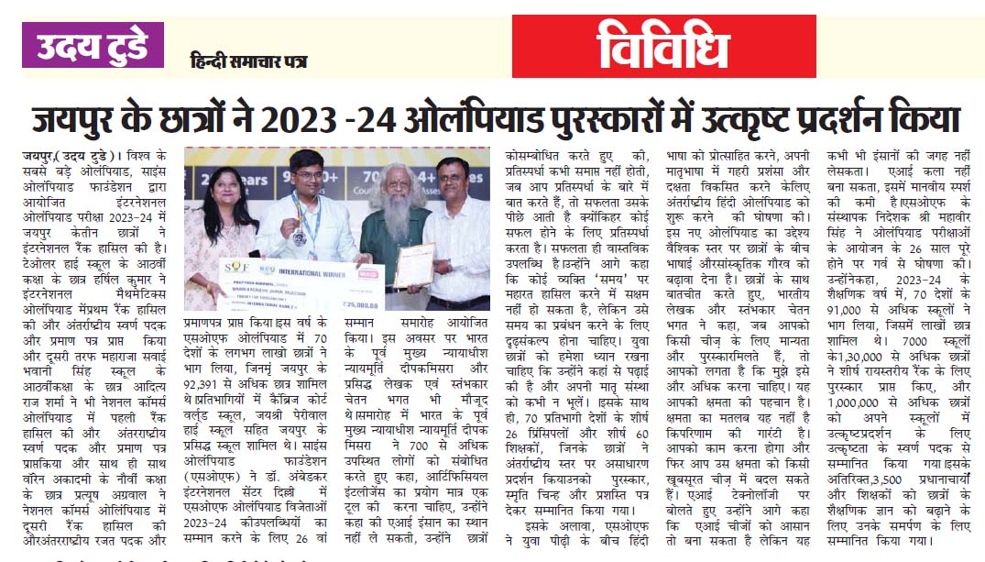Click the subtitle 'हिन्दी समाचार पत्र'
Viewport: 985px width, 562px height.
coord(248,62)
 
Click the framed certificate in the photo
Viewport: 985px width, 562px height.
coord(414,264)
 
